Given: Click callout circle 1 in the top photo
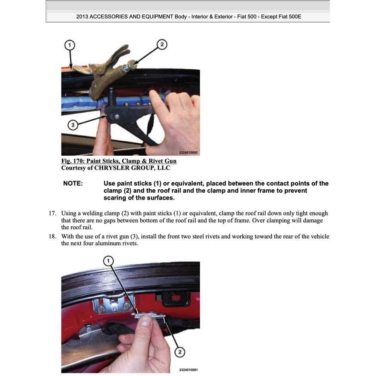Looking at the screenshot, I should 70,45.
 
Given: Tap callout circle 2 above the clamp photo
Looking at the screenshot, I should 162,44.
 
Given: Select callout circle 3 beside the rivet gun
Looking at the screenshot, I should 73,125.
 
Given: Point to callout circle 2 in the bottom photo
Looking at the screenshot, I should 179,352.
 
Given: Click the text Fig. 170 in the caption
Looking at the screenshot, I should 71,161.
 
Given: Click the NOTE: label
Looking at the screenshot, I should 73,184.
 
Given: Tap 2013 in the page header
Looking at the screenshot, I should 83,17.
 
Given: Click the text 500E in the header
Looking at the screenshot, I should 299,17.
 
